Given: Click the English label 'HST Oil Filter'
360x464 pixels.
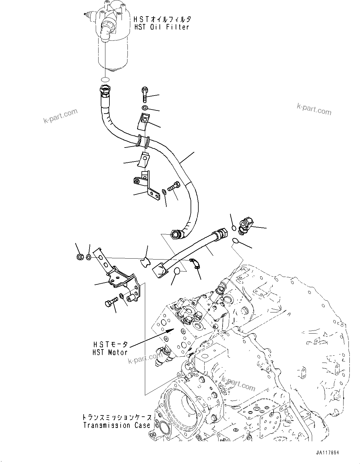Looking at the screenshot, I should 161,27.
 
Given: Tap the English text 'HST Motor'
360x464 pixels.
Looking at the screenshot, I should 110,352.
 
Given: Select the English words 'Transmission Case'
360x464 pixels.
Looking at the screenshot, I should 117,425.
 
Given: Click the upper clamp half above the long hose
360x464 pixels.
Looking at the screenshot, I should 143,120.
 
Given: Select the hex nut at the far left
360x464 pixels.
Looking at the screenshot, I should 79,257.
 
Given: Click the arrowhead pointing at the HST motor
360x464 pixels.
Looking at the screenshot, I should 168,331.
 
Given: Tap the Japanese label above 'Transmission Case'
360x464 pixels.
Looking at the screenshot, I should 117,417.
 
